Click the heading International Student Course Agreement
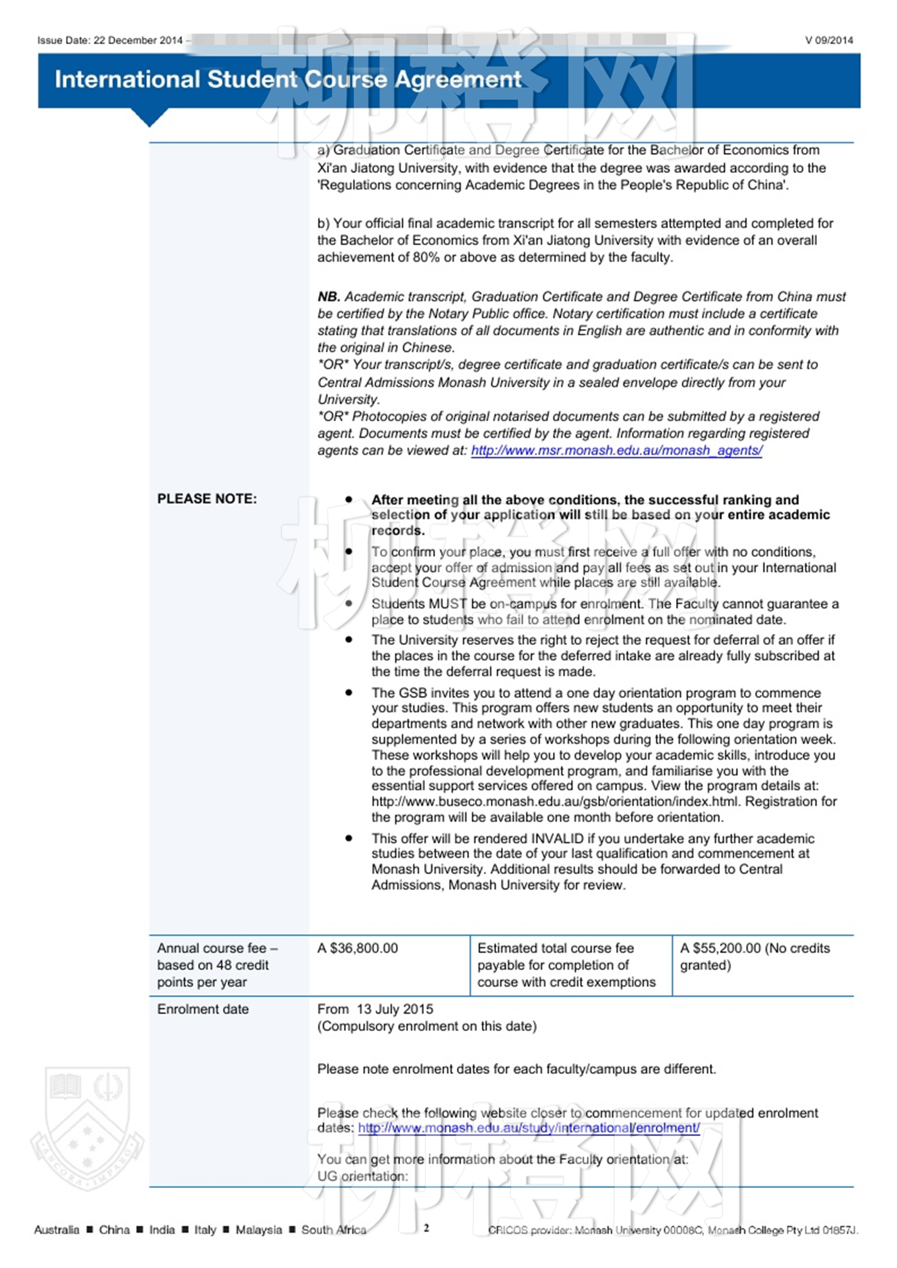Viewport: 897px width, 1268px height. pos(288,79)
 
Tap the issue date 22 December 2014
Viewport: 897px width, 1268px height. pos(138,40)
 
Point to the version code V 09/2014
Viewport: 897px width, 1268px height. pos(828,40)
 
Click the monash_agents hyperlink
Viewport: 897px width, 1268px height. pos(616,450)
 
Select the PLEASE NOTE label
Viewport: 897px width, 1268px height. pos(207,499)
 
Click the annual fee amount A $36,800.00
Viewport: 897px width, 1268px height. pos(358,948)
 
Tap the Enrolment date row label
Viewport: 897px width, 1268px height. pos(202,1009)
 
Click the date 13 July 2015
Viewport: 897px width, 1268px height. pos(395,1009)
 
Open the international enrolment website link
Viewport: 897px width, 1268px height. pos(529,1128)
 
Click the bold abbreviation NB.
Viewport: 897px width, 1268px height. pos(329,297)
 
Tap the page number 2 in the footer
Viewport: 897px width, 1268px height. pos(426,1228)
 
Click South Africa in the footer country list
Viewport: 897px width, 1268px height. pos(333,1230)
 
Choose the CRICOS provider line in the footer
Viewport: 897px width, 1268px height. pos(673,1230)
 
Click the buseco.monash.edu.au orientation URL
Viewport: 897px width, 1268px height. pos(554,802)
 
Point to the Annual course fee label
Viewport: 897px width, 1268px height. pos(217,948)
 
